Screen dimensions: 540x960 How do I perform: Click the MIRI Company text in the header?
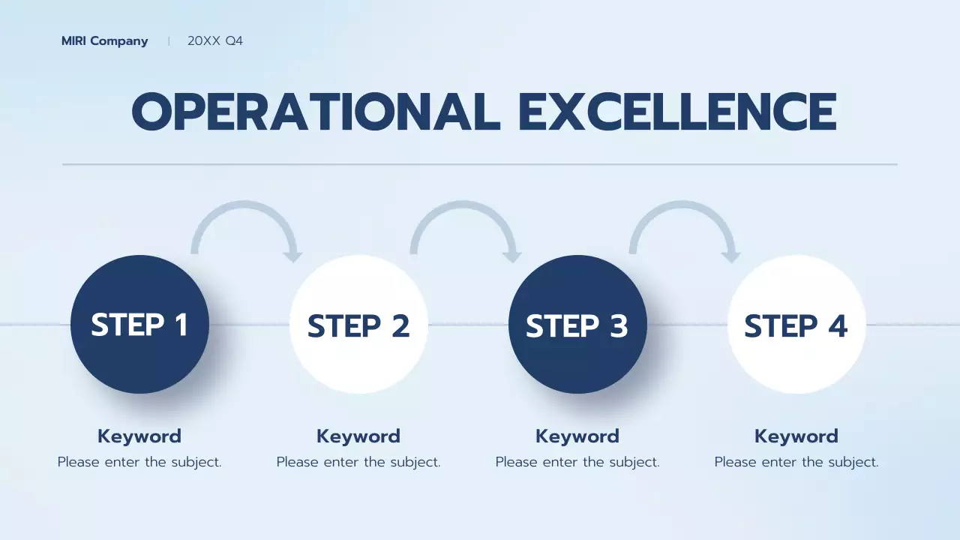click(x=104, y=41)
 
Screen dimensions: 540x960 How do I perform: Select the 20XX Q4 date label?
click(x=215, y=41)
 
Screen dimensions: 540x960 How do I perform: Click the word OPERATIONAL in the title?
click(x=316, y=112)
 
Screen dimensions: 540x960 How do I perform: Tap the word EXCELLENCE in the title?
click(x=677, y=112)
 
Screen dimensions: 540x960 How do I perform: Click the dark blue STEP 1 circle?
click(x=139, y=325)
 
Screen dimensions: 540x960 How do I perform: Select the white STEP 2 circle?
click(x=358, y=325)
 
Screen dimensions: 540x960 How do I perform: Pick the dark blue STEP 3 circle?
click(x=577, y=325)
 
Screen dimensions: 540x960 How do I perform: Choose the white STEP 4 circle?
click(x=796, y=325)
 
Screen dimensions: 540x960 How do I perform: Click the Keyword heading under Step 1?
click(x=139, y=436)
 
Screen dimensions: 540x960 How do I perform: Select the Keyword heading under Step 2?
click(x=358, y=436)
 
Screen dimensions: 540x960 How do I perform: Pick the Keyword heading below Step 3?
click(x=577, y=436)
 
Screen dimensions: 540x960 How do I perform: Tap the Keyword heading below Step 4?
click(x=796, y=436)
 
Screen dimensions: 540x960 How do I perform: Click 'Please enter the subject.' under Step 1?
click(x=139, y=462)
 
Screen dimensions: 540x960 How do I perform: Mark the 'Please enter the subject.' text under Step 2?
click(x=358, y=462)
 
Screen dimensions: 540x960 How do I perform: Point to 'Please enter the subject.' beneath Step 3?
click(x=577, y=462)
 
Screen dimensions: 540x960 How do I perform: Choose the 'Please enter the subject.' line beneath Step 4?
click(x=796, y=462)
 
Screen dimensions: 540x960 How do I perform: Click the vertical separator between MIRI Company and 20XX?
click(x=169, y=41)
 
